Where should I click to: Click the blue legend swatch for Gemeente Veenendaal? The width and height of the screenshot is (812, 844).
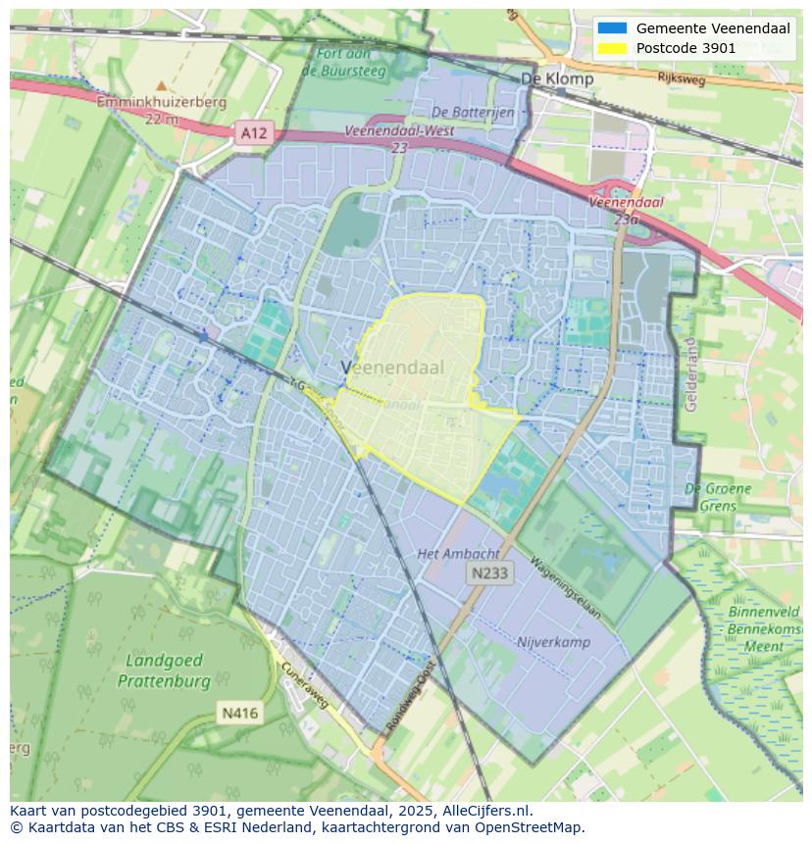[611, 28]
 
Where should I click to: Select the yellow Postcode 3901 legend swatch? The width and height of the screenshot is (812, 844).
[611, 48]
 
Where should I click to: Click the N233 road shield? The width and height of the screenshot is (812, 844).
[488, 573]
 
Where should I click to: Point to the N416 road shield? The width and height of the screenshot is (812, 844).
[239, 713]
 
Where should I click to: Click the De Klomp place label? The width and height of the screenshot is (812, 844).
[556, 78]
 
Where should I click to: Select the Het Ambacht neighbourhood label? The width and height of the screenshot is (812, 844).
[458, 554]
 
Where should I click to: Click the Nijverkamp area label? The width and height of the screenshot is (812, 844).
[553, 642]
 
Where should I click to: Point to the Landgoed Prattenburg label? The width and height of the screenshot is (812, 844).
[164, 671]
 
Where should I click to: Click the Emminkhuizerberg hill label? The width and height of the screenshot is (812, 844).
[162, 102]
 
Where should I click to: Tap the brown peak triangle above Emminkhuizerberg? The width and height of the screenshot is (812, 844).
[162, 86]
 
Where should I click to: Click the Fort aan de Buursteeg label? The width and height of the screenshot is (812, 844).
[343, 62]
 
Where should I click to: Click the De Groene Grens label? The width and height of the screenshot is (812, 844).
[718, 497]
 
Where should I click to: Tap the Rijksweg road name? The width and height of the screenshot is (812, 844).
[682, 79]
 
